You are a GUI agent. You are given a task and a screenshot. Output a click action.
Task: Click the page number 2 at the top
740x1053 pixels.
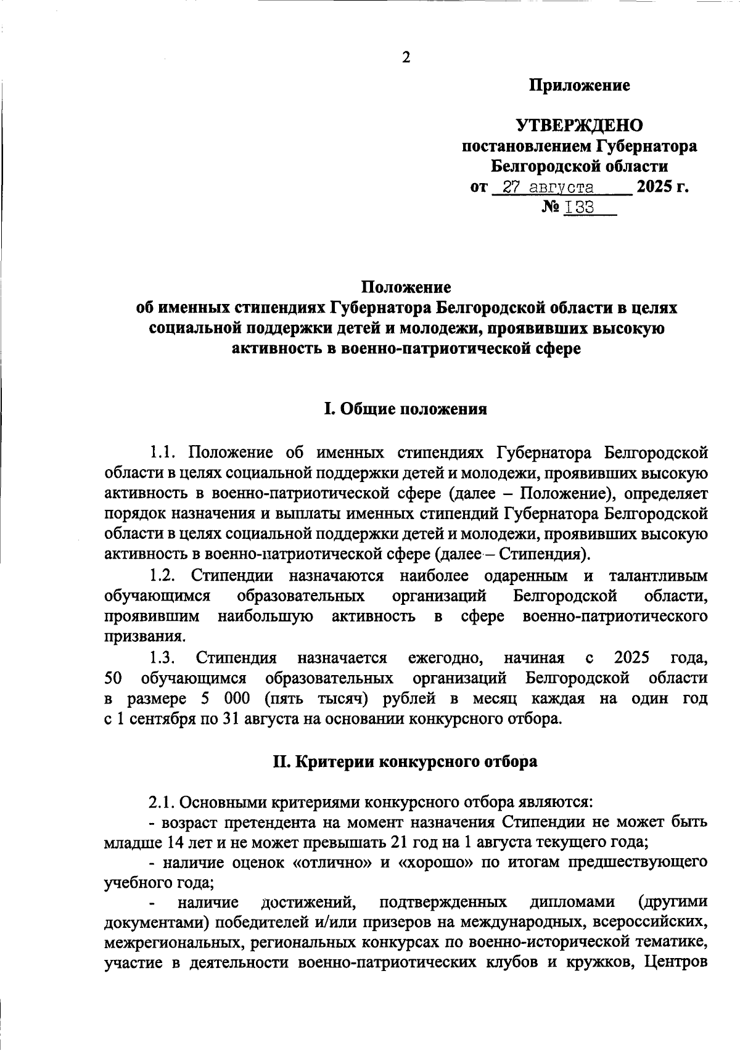click(x=406, y=57)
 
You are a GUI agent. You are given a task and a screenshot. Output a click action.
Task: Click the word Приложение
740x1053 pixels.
click(x=579, y=86)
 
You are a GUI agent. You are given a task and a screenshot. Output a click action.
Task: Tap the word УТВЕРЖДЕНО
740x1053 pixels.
click(x=579, y=126)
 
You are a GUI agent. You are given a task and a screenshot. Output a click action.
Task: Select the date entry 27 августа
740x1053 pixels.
click(x=548, y=187)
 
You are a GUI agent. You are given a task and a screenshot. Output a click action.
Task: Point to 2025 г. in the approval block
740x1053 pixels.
click(x=662, y=186)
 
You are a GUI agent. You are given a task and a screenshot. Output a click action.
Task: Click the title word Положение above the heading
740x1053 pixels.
click(x=406, y=287)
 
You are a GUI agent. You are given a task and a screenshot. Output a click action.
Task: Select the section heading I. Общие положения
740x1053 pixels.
click(x=406, y=409)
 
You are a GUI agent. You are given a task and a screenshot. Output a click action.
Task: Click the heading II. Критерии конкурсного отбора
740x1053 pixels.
click(x=405, y=761)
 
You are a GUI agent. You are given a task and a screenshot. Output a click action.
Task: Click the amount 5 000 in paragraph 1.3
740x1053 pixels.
click(x=225, y=699)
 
